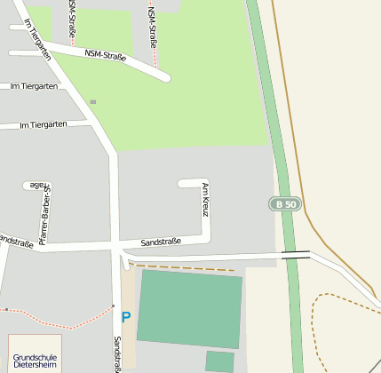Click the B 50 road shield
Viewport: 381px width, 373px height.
coord(285,204)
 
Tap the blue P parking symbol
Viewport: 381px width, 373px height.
coord(126,317)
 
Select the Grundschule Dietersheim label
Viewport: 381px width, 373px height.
coord(35,359)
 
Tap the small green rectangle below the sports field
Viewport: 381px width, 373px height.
coord(219,361)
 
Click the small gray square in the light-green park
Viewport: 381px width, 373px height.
coord(92,102)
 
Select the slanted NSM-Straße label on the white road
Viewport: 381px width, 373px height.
coord(106,56)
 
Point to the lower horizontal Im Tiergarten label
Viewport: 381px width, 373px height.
coord(43,125)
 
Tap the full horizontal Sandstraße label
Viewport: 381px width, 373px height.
coord(161,242)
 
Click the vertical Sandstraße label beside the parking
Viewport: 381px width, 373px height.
coord(116,353)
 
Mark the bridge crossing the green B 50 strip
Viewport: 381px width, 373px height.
coord(296,255)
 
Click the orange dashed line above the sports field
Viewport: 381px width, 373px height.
coord(182,266)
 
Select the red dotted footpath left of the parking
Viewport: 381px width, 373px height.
coord(53,319)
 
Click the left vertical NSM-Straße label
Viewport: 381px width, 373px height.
coord(71,20)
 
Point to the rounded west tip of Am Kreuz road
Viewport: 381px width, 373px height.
coord(182,184)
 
